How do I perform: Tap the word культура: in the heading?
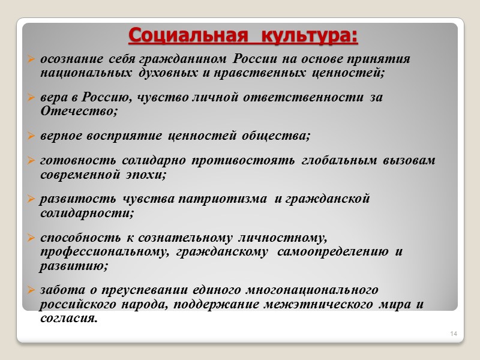click(x=307, y=35)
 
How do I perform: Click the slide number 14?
click(x=453, y=333)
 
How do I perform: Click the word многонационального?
click(x=317, y=290)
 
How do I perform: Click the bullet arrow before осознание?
click(x=31, y=60)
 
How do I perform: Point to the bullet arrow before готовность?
click(x=31, y=161)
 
